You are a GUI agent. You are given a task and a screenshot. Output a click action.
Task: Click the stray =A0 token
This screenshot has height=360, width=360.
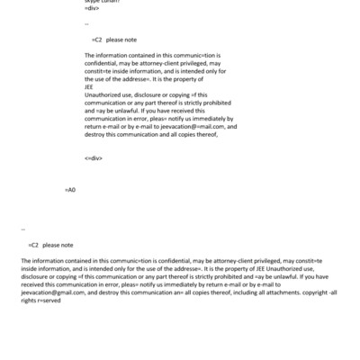(71, 191)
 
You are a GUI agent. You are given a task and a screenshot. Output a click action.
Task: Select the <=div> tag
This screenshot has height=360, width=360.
(94, 157)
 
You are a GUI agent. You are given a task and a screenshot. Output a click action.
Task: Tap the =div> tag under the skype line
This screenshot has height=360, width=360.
(92, 10)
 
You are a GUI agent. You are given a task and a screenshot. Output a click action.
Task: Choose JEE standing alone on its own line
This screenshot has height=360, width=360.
(89, 87)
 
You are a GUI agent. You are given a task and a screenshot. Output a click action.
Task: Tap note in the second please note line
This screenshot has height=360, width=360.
(67, 245)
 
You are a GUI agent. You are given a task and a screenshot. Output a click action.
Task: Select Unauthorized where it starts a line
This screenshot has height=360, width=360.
(105, 94)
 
